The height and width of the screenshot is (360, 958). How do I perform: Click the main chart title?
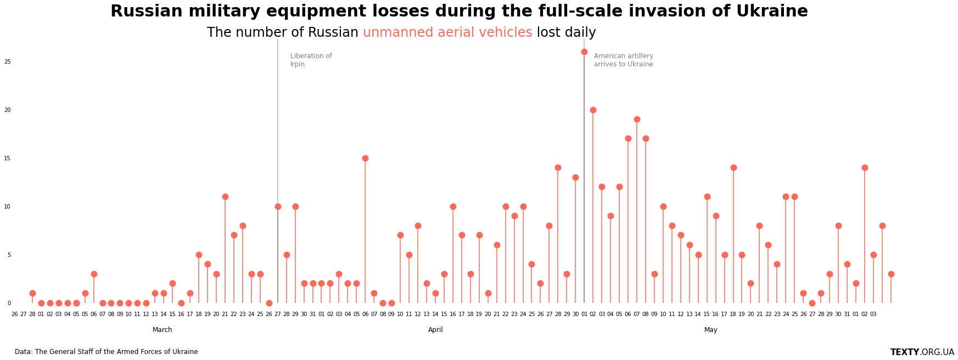point(459,11)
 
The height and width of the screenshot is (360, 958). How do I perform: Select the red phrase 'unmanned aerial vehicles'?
point(447,32)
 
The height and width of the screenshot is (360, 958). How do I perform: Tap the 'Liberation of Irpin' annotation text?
point(311,60)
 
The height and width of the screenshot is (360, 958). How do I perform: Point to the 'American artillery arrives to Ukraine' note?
point(624,60)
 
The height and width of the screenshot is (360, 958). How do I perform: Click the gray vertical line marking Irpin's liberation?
point(278,171)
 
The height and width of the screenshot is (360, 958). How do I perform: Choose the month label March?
point(163,330)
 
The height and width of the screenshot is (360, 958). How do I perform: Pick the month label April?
point(435,330)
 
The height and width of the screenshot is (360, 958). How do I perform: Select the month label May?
point(711,330)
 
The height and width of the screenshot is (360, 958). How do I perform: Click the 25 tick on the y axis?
point(8,62)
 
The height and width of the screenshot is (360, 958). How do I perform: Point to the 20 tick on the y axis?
point(8,110)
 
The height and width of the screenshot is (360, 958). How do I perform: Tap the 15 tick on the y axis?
point(8,159)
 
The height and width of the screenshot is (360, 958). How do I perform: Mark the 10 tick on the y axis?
point(8,207)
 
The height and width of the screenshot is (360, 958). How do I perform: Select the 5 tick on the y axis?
point(9,255)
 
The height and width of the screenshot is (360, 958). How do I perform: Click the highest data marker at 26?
point(584,52)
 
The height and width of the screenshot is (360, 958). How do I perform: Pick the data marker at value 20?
point(593,110)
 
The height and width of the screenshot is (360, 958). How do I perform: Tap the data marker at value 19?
point(637,119)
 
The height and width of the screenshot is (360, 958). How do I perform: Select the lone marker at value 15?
point(365,158)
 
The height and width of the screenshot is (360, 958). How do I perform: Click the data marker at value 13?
point(575,177)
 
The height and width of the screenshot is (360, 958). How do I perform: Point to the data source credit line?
point(107,352)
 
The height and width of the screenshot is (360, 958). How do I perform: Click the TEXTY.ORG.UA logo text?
point(922,352)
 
